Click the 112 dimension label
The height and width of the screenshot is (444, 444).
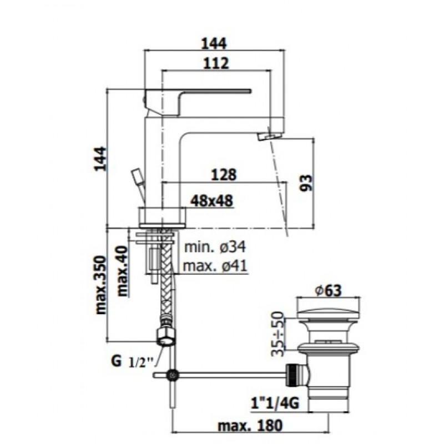pyautogui.click(x=216, y=63)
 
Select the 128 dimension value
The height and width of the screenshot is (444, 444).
pyautogui.click(x=224, y=175)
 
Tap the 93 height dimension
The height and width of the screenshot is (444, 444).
pyautogui.click(x=306, y=183)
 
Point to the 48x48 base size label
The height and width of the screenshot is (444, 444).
pyautogui.click(x=211, y=201)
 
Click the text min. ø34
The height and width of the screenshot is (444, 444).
pyautogui.click(x=215, y=247)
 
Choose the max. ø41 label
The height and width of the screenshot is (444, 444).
pyautogui.click(x=215, y=266)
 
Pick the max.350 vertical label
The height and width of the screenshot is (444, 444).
pyautogui.click(x=101, y=285)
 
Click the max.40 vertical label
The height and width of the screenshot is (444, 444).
pyautogui.click(x=122, y=271)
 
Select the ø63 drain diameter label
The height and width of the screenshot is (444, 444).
pyautogui.click(x=329, y=290)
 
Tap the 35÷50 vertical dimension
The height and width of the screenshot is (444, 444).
pyautogui.click(x=277, y=334)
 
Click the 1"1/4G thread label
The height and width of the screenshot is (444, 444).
pyautogui.click(x=275, y=403)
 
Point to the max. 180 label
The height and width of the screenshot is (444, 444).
pyautogui.click(x=250, y=425)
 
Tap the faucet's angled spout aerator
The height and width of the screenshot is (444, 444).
pyautogui.click(x=269, y=136)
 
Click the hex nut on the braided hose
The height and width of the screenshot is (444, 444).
pyautogui.click(x=166, y=336)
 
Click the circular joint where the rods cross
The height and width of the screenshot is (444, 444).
pyautogui.click(x=173, y=375)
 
